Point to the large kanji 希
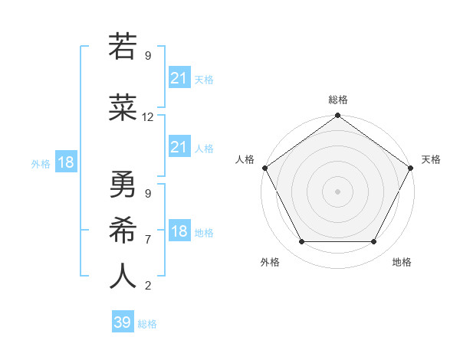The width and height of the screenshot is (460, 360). (x=123, y=230)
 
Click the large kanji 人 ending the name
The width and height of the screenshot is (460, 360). (x=123, y=277)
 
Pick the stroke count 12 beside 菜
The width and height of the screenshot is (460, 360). (x=148, y=117)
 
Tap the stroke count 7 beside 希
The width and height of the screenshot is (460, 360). (x=147, y=239)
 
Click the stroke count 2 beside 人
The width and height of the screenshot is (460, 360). (x=147, y=286)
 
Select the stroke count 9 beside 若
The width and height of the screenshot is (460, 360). (x=147, y=55)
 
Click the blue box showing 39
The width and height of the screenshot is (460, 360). (x=122, y=322)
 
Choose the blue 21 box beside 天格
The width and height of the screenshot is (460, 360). (x=179, y=78)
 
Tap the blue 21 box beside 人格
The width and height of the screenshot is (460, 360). (x=179, y=147)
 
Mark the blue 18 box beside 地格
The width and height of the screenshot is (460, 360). (x=179, y=231)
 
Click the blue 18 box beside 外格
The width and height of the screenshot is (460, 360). (x=65, y=162)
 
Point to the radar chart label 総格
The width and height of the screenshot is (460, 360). (x=337, y=100)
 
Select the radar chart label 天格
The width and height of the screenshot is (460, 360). (x=431, y=159)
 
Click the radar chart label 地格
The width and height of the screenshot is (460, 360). (x=402, y=262)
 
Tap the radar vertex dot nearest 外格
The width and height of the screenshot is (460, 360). (x=301, y=242)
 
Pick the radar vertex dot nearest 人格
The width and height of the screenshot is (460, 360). (x=264, y=168)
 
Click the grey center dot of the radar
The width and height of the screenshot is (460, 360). (x=337, y=191)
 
